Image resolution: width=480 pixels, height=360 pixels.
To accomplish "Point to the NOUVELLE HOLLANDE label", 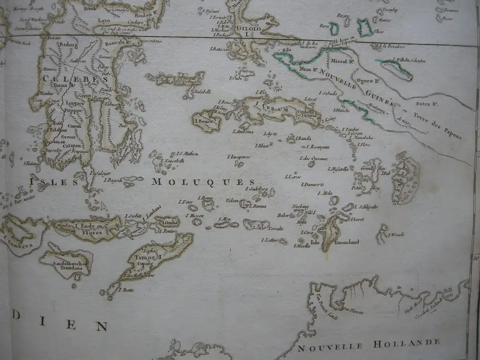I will (x=369, y=344).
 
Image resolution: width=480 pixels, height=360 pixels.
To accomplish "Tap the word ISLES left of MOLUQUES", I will (x=51, y=181).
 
